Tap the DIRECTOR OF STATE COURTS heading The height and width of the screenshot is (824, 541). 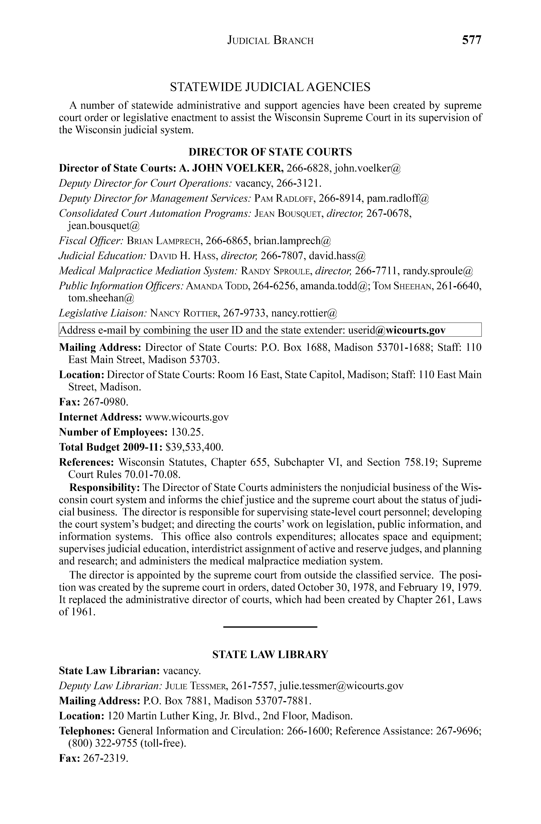click(x=270, y=152)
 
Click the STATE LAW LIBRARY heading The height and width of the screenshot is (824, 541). click(x=270, y=655)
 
